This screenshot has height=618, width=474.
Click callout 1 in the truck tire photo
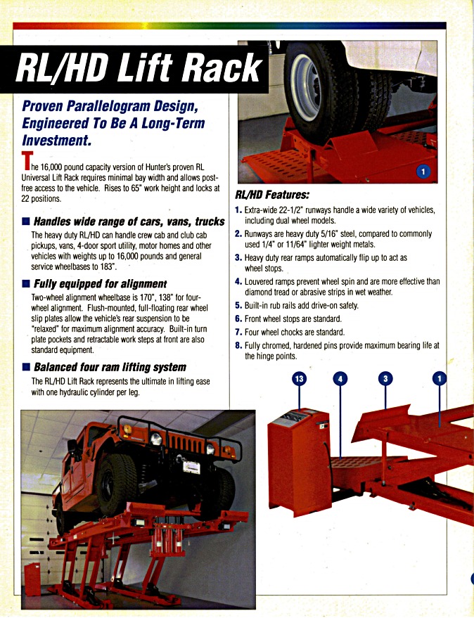point(423,171)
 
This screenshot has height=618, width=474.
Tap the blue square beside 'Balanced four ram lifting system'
point(26,367)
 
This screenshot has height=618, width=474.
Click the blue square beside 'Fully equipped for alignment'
point(26,285)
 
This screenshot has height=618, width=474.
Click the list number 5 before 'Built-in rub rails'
point(238,306)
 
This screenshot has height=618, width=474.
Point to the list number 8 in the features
point(238,345)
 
